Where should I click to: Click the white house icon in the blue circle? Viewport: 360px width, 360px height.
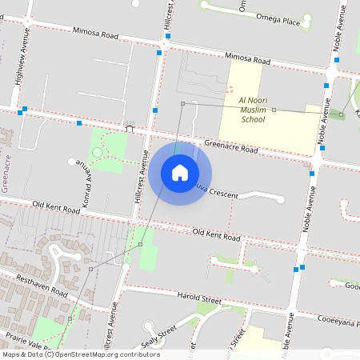(x=180, y=173)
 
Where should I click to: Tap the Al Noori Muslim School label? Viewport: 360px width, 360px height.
(x=262, y=110)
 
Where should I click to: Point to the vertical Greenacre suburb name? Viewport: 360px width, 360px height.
(x=6, y=168)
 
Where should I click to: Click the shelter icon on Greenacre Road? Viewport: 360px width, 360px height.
(x=129, y=126)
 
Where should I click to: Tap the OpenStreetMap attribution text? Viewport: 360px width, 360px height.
(x=80, y=354)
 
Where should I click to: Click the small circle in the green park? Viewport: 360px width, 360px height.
(x=98, y=152)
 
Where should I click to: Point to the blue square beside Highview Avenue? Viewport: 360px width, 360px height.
(x=25, y=109)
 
